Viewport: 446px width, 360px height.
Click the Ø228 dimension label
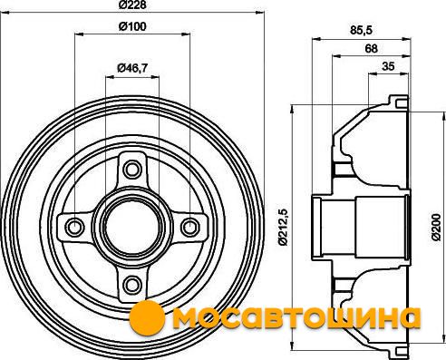click(x=132, y=5)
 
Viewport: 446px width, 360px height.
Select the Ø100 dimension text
click(x=132, y=26)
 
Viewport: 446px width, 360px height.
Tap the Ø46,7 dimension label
click(x=132, y=68)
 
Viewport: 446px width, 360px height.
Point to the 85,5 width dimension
click(x=362, y=31)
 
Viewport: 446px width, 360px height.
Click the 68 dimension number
click(x=372, y=48)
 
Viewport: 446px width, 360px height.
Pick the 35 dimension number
click(x=388, y=66)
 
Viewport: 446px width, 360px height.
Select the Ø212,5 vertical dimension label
click(x=284, y=227)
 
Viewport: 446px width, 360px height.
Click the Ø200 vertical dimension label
click(x=436, y=227)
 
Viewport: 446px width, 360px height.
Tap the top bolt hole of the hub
click(x=132, y=170)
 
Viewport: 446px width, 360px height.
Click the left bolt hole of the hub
click(x=74, y=227)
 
